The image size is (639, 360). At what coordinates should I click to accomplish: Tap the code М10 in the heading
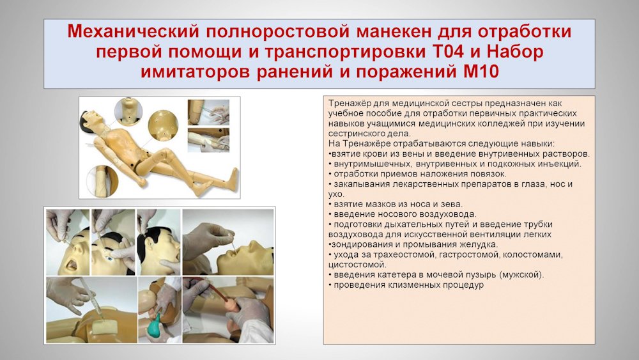tap(481, 72)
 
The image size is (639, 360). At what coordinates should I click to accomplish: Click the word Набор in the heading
tap(514, 52)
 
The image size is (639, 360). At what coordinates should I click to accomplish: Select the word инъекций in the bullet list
tap(560, 164)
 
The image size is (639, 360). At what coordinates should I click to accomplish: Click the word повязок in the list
tap(485, 174)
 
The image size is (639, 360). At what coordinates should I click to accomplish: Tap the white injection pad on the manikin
tap(104, 328)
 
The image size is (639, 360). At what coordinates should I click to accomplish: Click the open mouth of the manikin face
tap(72, 265)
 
